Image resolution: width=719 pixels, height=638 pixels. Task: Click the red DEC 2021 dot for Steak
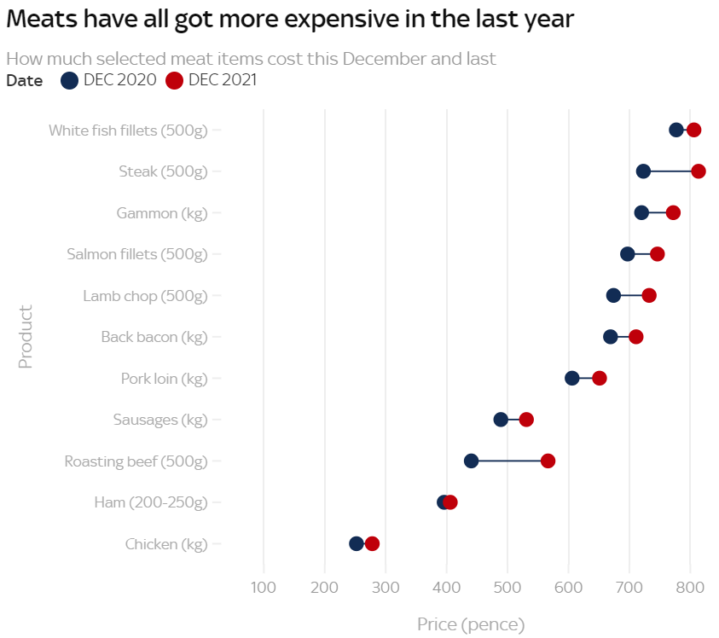(699, 171)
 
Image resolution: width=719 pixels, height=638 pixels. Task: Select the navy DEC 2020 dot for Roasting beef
(471, 461)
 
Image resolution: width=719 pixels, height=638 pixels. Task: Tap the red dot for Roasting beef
(548, 461)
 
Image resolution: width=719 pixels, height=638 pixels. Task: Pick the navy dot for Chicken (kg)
(357, 543)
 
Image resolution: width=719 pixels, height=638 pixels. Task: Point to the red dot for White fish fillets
(693, 130)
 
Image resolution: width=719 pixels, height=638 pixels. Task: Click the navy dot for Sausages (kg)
(501, 420)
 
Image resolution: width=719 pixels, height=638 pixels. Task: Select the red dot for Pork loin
(600, 378)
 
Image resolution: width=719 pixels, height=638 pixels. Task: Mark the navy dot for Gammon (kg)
(641, 212)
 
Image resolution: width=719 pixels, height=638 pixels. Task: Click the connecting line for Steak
(671, 171)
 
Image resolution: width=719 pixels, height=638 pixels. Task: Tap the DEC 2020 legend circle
(70, 81)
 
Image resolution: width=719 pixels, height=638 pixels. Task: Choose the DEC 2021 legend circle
(175, 81)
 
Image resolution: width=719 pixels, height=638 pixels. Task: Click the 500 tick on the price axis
(507, 587)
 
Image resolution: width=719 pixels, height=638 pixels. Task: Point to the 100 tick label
(264, 587)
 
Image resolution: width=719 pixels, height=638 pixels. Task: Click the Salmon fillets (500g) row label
(137, 254)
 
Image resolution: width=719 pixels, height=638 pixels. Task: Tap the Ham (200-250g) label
(151, 502)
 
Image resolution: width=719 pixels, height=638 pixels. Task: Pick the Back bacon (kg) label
(154, 337)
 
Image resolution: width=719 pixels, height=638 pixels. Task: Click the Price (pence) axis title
(471, 625)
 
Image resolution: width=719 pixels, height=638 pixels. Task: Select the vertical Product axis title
(26, 337)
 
